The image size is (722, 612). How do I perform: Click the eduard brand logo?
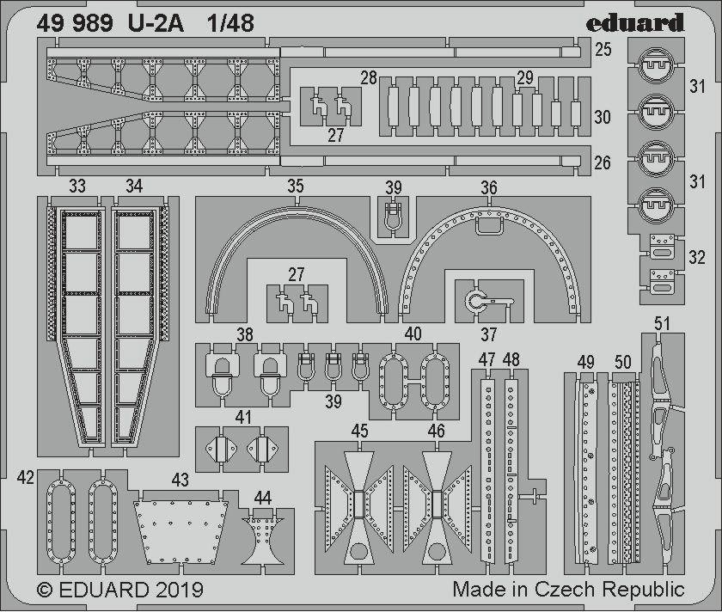tap(635, 22)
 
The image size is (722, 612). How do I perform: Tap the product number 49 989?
tap(75, 23)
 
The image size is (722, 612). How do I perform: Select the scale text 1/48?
tap(230, 23)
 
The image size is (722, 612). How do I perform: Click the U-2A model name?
tap(156, 23)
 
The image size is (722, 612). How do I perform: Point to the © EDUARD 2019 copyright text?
tap(119, 590)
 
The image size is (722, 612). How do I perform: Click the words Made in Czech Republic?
tap(568, 589)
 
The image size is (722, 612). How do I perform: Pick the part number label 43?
tap(180, 480)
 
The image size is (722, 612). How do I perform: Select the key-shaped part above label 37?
tap(486, 302)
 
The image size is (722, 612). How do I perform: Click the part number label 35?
tap(295, 186)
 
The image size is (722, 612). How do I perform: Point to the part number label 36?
tap(489, 187)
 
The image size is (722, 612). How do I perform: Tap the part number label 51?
tap(662, 324)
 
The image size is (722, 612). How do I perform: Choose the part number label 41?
tap(243, 418)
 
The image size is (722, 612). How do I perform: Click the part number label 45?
tap(359, 431)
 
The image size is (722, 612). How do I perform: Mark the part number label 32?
tap(697, 257)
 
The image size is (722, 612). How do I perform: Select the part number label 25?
tap(603, 49)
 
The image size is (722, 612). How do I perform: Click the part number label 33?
tap(76, 186)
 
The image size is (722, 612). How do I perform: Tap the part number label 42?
tap(26, 478)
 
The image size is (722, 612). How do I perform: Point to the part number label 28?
tap(369, 78)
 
